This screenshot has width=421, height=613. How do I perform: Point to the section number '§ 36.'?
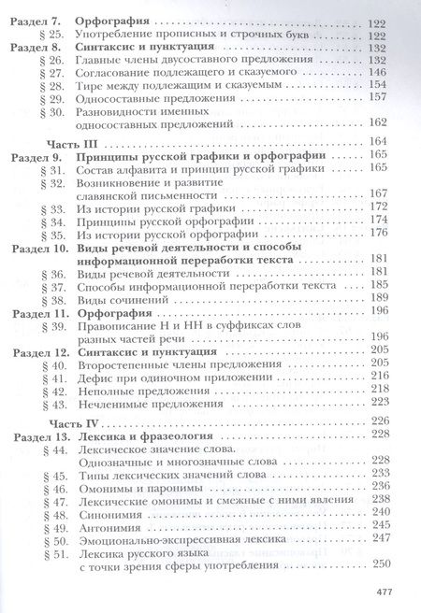[x=51, y=273]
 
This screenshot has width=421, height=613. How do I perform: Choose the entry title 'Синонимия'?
[x=109, y=512]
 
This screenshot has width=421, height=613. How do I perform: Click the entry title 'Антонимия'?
[x=109, y=526]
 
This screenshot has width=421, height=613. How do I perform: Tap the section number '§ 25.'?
[x=51, y=34]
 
